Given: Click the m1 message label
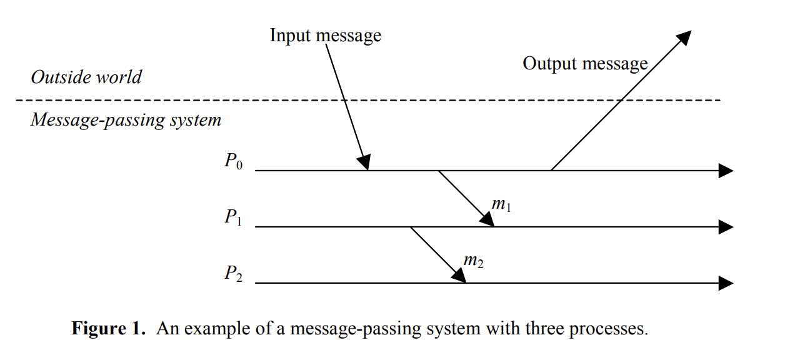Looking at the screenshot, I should click(501, 205).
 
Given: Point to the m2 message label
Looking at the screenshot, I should click(473, 261).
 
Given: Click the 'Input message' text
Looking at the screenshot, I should click(325, 36).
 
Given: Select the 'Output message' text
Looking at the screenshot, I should click(584, 64).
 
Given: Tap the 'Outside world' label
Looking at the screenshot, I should click(86, 77).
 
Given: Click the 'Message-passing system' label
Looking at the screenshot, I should click(126, 119).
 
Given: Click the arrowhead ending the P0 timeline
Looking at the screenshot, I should click(726, 170).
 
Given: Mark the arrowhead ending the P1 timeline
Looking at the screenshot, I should click(726, 227).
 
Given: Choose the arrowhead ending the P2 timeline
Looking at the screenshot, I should click(726, 283).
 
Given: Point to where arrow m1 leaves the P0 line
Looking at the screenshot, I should click(439, 171).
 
